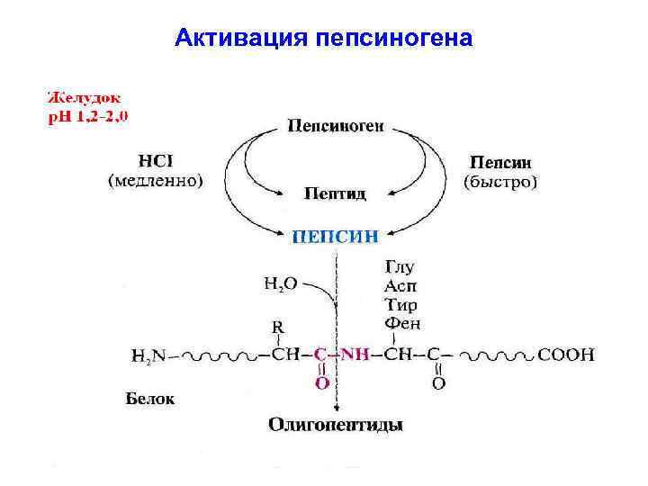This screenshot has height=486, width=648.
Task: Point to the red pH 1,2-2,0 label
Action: (x=94, y=116)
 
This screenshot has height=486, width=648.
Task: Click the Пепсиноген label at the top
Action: (x=336, y=126)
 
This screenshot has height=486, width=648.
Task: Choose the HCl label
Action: (x=155, y=162)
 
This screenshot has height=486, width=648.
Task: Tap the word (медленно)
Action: (x=156, y=180)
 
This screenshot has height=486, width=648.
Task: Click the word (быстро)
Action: (x=500, y=182)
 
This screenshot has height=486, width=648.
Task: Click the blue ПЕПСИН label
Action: (x=336, y=238)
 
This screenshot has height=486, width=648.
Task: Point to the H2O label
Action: (x=280, y=285)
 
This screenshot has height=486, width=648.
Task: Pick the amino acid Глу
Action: (x=400, y=267)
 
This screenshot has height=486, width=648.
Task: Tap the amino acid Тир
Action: (x=400, y=305)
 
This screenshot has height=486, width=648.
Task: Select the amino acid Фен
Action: (x=402, y=323)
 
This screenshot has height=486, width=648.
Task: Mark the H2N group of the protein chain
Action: (x=150, y=355)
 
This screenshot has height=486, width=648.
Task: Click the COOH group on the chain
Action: (x=565, y=355)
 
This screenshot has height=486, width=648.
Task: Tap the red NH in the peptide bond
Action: (x=357, y=355)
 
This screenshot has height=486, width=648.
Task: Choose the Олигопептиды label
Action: (x=336, y=424)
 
